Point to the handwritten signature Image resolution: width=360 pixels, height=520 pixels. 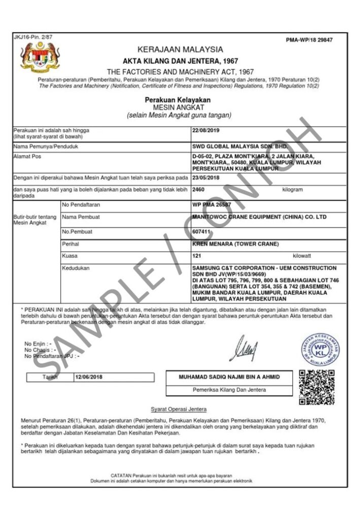click(x=246, y=348)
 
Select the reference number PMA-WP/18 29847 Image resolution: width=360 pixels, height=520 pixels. click(x=309, y=40)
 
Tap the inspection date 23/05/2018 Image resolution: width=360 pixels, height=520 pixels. click(x=206, y=178)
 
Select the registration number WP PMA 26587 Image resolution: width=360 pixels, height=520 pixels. click(x=211, y=204)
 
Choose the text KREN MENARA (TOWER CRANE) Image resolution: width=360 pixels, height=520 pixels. click(x=236, y=244)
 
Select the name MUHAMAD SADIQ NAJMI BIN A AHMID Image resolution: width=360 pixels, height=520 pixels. click(x=229, y=377)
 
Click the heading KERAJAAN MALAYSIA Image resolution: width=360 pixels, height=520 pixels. click(x=180, y=49)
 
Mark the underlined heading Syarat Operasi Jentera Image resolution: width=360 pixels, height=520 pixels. click(x=179, y=409)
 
